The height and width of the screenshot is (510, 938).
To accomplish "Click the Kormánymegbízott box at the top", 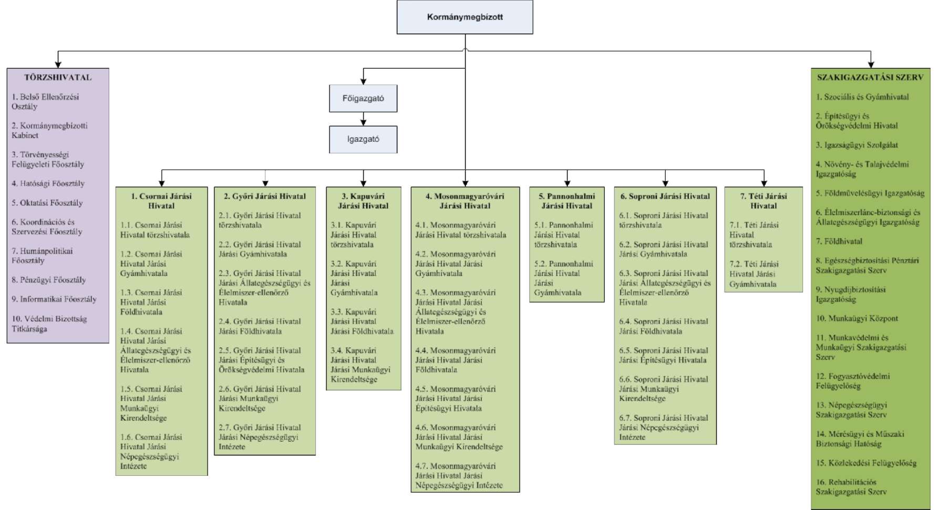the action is pyautogui.click(x=465, y=17).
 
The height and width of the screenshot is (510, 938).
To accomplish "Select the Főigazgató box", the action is pyautogui.click(x=363, y=98).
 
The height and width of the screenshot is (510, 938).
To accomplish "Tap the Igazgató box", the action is pyautogui.click(x=363, y=139).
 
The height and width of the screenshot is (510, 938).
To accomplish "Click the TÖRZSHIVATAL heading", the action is pyautogui.click(x=58, y=77).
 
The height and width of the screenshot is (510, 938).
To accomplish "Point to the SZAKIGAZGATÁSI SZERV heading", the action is pyautogui.click(x=870, y=77).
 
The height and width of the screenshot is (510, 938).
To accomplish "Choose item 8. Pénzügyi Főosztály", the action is pyautogui.click(x=49, y=280).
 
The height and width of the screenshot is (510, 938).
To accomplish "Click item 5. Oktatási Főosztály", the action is pyautogui.click(x=47, y=203).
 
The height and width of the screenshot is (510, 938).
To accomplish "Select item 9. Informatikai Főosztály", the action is pyautogui.click(x=54, y=299).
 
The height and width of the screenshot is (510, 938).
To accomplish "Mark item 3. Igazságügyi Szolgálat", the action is pyautogui.click(x=857, y=145).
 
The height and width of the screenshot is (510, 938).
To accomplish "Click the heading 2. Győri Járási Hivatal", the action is pyautogui.click(x=265, y=196).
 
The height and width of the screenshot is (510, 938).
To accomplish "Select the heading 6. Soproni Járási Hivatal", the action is pyautogui.click(x=665, y=196).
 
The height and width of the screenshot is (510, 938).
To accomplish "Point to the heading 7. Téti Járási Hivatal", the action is pyautogui.click(x=764, y=201).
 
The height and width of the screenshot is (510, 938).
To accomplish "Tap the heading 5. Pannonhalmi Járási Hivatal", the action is pyautogui.click(x=567, y=201).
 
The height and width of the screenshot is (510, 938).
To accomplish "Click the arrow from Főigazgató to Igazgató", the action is pyautogui.click(x=363, y=119).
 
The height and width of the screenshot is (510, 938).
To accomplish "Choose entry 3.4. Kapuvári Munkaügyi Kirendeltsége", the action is pyautogui.click(x=360, y=365).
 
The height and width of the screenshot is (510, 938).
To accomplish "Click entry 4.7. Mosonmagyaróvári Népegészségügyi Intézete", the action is pyautogui.click(x=459, y=476).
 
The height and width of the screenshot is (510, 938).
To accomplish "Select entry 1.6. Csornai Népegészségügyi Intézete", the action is pyautogui.click(x=151, y=452).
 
